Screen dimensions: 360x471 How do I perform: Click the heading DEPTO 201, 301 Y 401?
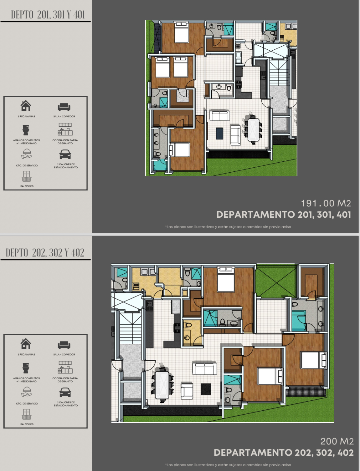tap(48, 15)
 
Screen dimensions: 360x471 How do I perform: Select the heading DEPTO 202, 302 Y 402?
tap(45, 253)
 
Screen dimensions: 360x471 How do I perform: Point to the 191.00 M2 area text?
tap(326, 203)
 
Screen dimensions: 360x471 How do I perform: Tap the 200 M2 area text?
tap(337, 441)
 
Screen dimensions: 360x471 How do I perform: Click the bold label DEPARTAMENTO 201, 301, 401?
tap(284, 215)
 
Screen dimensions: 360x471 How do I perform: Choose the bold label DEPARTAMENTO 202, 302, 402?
tap(284, 453)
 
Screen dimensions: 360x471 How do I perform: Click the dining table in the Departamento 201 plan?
tap(254, 130)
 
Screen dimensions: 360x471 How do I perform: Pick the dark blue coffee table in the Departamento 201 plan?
tap(219, 134)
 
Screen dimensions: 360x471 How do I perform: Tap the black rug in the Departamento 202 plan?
tap(206, 389)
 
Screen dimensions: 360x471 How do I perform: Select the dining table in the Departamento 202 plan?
tap(162, 385)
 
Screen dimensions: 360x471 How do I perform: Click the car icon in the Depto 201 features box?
tap(65, 154)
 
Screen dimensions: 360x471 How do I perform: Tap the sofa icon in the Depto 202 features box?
tap(64, 345)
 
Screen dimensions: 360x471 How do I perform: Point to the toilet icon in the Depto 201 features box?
tap(26, 130)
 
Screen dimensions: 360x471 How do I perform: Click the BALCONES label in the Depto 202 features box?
tap(27, 424)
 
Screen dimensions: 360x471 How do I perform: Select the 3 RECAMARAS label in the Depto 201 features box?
tap(26, 116)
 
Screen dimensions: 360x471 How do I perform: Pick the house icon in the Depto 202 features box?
tap(26, 343)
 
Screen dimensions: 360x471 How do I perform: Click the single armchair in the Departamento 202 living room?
tap(187, 391)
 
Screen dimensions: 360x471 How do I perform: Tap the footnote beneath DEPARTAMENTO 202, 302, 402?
tap(228, 465)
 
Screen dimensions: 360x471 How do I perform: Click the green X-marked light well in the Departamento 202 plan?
tap(276, 281)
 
